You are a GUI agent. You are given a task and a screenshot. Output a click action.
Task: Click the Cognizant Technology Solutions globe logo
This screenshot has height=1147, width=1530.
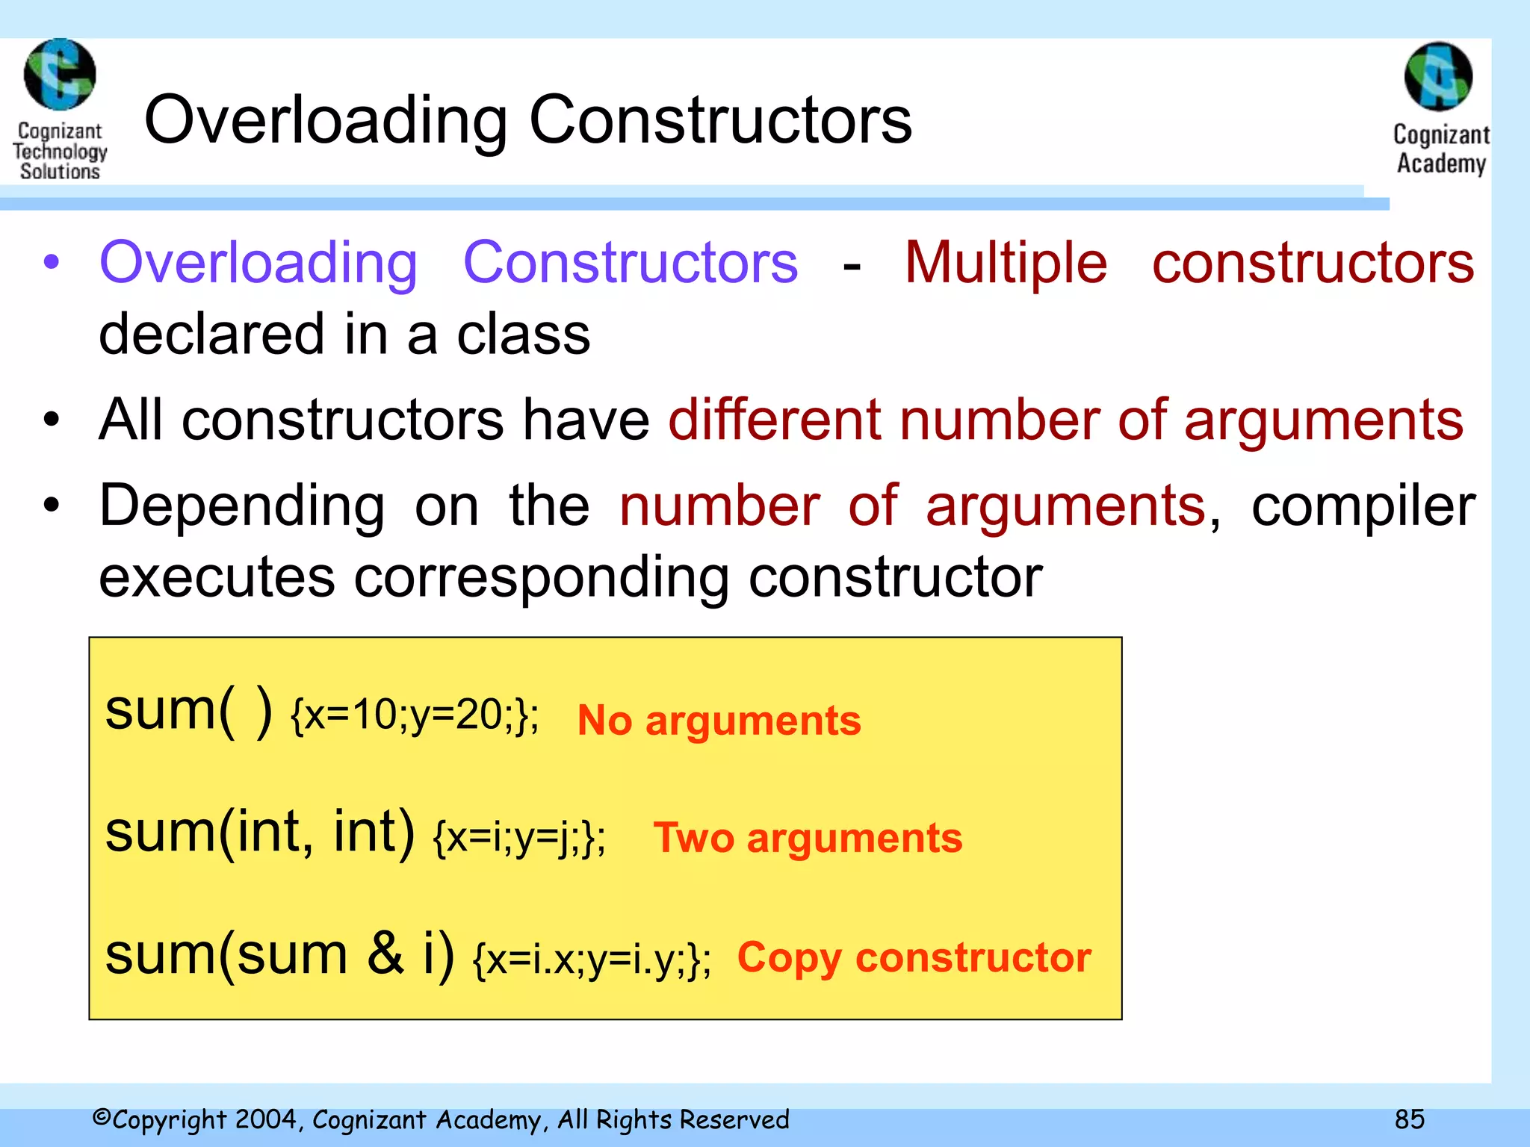(x=60, y=75)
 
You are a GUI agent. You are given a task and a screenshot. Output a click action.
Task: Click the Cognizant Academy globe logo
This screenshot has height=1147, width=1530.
(x=1438, y=76)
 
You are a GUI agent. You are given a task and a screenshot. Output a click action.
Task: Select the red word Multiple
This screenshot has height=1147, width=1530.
(x=1006, y=263)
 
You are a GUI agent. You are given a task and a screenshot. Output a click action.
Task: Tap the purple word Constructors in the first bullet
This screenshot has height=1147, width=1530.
(x=631, y=263)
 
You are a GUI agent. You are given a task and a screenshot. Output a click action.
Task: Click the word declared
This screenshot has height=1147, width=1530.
(x=211, y=334)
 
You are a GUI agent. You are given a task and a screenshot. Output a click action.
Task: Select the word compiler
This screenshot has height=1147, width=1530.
(x=1363, y=506)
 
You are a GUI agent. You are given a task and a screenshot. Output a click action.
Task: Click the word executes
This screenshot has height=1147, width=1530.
(x=217, y=577)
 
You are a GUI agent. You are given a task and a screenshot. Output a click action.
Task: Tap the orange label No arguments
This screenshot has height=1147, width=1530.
(x=719, y=721)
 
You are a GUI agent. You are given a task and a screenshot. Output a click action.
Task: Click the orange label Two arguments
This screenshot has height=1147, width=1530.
(x=808, y=838)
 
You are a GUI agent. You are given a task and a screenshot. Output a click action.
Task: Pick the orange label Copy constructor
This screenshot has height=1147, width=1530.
(x=914, y=957)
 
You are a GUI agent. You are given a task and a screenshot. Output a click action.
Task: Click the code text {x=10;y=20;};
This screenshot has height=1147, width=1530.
(x=415, y=715)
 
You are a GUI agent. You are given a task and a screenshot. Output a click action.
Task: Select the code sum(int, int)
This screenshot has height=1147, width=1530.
(x=259, y=832)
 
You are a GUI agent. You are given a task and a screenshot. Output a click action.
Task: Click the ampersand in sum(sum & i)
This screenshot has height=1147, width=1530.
(x=385, y=954)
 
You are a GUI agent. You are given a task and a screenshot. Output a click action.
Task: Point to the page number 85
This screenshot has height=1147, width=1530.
(x=1409, y=1119)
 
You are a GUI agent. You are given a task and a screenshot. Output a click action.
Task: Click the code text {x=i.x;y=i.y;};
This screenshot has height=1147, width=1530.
(x=592, y=960)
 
